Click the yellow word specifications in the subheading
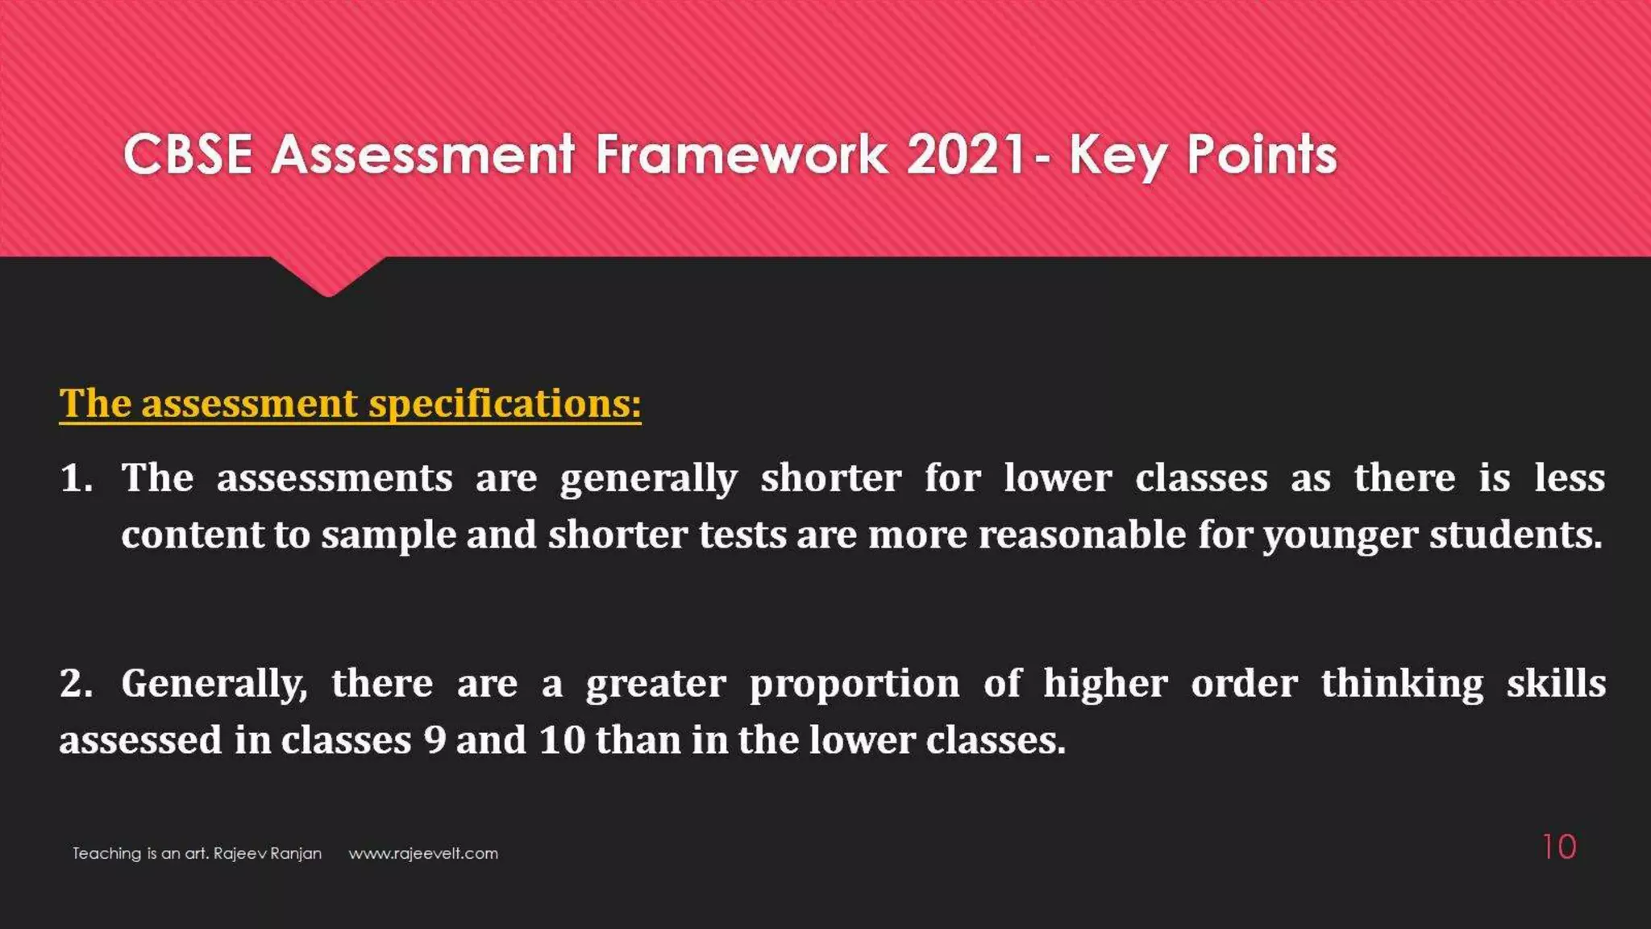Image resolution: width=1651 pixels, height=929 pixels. tap(505, 403)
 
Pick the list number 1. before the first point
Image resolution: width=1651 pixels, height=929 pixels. tap(77, 477)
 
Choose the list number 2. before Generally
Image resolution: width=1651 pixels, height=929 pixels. tap(77, 683)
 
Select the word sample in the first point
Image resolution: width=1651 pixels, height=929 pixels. tap(389, 535)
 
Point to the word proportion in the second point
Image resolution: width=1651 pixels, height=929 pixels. tap(855, 685)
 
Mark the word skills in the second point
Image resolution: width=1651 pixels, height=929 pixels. tap(1556, 683)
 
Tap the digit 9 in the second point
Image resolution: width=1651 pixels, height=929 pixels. tap(435, 740)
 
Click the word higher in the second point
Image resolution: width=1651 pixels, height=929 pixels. tap(1105, 685)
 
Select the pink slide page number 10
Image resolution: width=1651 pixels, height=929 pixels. tap(1559, 848)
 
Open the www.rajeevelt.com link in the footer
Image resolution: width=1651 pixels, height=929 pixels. tap(423, 853)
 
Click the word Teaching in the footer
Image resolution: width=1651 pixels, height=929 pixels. tap(106, 853)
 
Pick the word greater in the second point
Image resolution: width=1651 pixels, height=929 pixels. tap(655, 685)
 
